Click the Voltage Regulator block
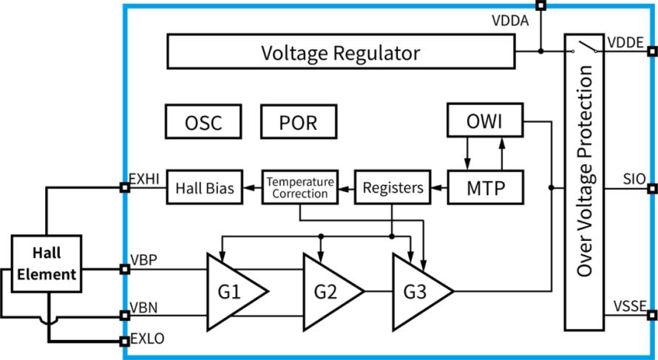[341, 51]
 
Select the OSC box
[203, 122]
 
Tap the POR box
[299, 122]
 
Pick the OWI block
[486, 120]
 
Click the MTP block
[486, 187]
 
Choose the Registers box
[393, 187]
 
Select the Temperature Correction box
[300, 187]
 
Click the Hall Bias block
[204, 187]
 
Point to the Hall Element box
[46, 263]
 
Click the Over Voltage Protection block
[584, 182]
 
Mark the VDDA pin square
[541, 5]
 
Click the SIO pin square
[652, 188]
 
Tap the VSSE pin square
[652, 315]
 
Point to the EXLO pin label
[148, 338]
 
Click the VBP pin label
[144, 260]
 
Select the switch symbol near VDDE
[585, 47]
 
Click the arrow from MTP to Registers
[439, 187]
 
